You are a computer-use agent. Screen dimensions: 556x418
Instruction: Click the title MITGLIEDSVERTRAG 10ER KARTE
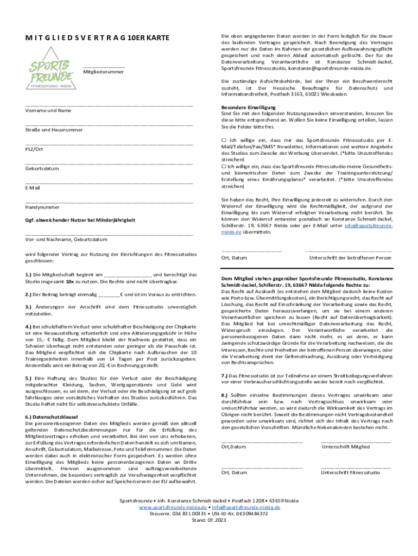click(97, 37)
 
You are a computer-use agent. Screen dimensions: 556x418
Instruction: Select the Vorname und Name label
click(48, 110)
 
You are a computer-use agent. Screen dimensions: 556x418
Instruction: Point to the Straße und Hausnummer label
click(54, 130)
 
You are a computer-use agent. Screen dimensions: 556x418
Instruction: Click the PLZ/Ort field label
click(34, 149)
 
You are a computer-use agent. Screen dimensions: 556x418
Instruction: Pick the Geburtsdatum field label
click(42, 168)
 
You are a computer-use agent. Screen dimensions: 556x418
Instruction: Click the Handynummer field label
click(42, 207)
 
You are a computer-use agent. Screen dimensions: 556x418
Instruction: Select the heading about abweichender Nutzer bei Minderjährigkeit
click(80, 220)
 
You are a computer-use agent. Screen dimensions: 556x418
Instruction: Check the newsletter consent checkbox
click(224, 140)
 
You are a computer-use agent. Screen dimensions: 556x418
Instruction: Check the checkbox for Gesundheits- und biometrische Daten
click(224, 166)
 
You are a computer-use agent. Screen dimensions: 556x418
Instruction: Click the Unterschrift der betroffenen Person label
click(350, 257)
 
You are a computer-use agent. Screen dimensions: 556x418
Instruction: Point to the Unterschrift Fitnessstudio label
click(350, 472)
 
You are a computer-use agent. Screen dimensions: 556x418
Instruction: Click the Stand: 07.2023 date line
click(209, 519)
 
